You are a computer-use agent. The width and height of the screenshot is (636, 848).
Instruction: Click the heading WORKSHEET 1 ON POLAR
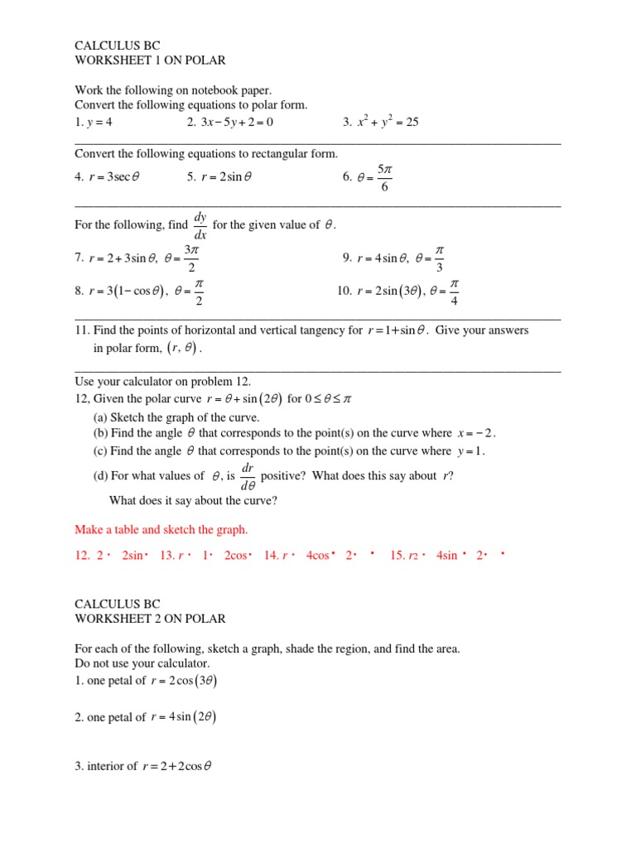click(149, 60)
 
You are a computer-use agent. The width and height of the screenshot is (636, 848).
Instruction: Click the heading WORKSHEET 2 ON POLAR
click(149, 619)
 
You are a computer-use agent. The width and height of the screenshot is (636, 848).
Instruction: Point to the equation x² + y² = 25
click(388, 122)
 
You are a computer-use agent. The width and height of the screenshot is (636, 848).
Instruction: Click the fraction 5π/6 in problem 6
click(383, 176)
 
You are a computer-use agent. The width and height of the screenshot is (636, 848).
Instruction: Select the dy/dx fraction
click(200, 225)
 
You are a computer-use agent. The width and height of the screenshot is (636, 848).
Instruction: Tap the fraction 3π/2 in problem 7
click(191, 258)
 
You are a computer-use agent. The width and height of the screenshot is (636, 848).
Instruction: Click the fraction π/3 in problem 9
click(440, 258)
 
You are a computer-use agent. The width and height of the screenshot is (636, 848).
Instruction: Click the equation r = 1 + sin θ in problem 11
click(397, 330)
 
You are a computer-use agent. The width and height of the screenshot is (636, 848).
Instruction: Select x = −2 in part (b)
click(476, 433)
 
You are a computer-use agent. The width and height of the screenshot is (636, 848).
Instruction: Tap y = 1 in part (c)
click(470, 451)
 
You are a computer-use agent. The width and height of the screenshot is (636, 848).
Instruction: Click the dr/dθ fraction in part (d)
click(247, 476)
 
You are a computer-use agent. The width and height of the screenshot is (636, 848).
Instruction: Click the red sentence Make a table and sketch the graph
click(161, 529)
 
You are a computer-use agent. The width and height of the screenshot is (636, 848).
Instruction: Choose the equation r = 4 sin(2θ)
click(185, 717)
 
